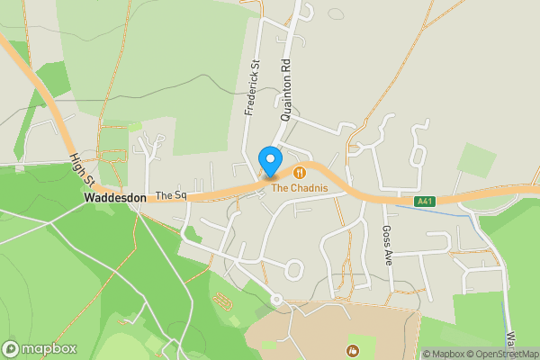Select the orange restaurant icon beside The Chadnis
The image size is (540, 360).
[x=299, y=171]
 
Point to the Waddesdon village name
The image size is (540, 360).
[x=115, y=196]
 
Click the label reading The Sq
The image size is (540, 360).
[x=170, y=195]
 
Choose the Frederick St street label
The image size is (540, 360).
[x=252, y=88]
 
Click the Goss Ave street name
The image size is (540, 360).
[x=388, y=243]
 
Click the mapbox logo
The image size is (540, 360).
[x=40, y=348]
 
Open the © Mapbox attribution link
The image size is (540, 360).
[x=447, y=354]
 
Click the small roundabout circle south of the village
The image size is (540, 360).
[x=277, y=299]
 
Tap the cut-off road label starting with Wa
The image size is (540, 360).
[x=509, y=343]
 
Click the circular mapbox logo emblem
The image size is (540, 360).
[x=11, y=348]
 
